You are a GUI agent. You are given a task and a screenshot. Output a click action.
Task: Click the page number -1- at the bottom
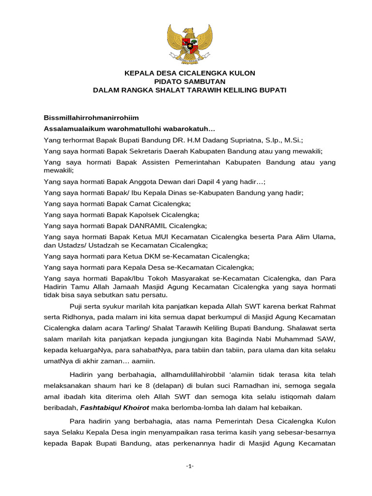pos(189,466)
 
